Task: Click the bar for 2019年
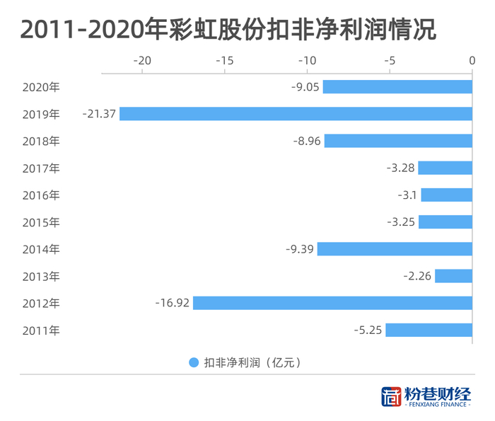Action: tap(296, 114)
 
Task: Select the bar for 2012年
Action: tap(332, 303)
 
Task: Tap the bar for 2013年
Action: tap(453, 276)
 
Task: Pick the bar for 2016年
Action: tap(446, 195)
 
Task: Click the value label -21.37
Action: tap(98, 114)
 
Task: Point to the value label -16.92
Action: tap(172, 303)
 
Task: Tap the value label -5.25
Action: tap(367, 330)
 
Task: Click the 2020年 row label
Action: tap(41, 87)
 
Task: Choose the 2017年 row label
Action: tap(41, 168)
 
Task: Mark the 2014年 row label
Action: tap(41, 249)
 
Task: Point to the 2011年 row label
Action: tap(41, 330)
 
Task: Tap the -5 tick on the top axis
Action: tap(390, 61)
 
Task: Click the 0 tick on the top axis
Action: tap(472, 61)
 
